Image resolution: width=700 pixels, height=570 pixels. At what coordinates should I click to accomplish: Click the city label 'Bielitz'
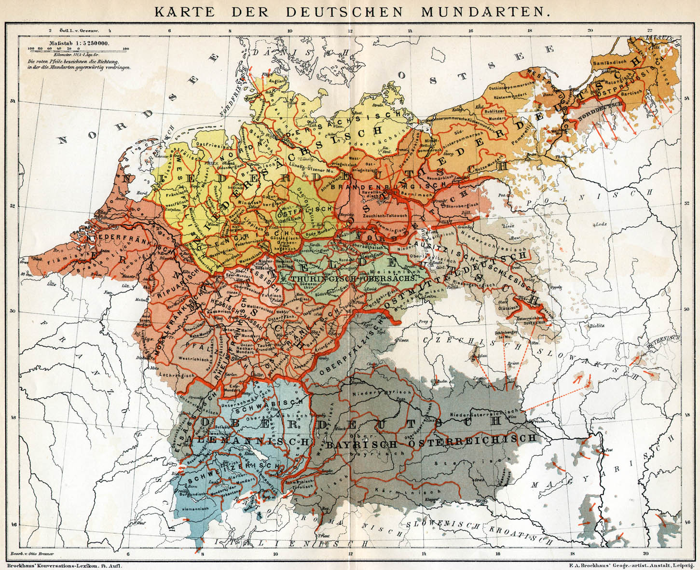[x=597, y=326]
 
